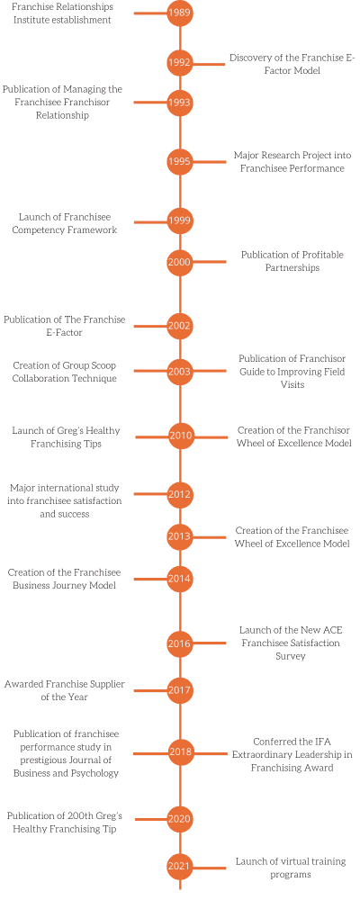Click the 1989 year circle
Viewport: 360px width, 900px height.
(x=180, y=13)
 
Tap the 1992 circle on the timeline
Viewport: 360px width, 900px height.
(x=180, y=64)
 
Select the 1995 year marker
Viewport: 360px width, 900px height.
(x=180, y=162)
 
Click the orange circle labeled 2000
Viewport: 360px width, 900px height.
(x=180, y=262)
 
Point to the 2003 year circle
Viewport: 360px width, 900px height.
(x=180, y=371)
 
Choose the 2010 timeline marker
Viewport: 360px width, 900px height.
(x=180, y=436)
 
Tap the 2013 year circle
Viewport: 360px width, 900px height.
(x=180, y=537)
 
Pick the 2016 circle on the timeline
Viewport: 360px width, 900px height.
(x=180, y=643)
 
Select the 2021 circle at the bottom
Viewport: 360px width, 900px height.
(x=180, y=868)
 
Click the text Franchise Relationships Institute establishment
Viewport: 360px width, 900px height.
(x=62, y=13)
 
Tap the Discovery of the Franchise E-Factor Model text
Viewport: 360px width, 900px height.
(x=292, y=64)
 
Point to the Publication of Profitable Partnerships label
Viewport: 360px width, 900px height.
(x=292, y=262)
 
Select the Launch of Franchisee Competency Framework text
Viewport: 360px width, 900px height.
(x=64, y=223)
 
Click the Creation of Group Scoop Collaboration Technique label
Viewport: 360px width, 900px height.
(x=64, y=372)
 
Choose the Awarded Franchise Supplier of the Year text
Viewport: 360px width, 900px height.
(x=64, y=690)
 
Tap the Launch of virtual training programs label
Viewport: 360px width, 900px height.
(x=290, y=868)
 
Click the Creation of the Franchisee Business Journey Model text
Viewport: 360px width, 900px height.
(x=64, y=579)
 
